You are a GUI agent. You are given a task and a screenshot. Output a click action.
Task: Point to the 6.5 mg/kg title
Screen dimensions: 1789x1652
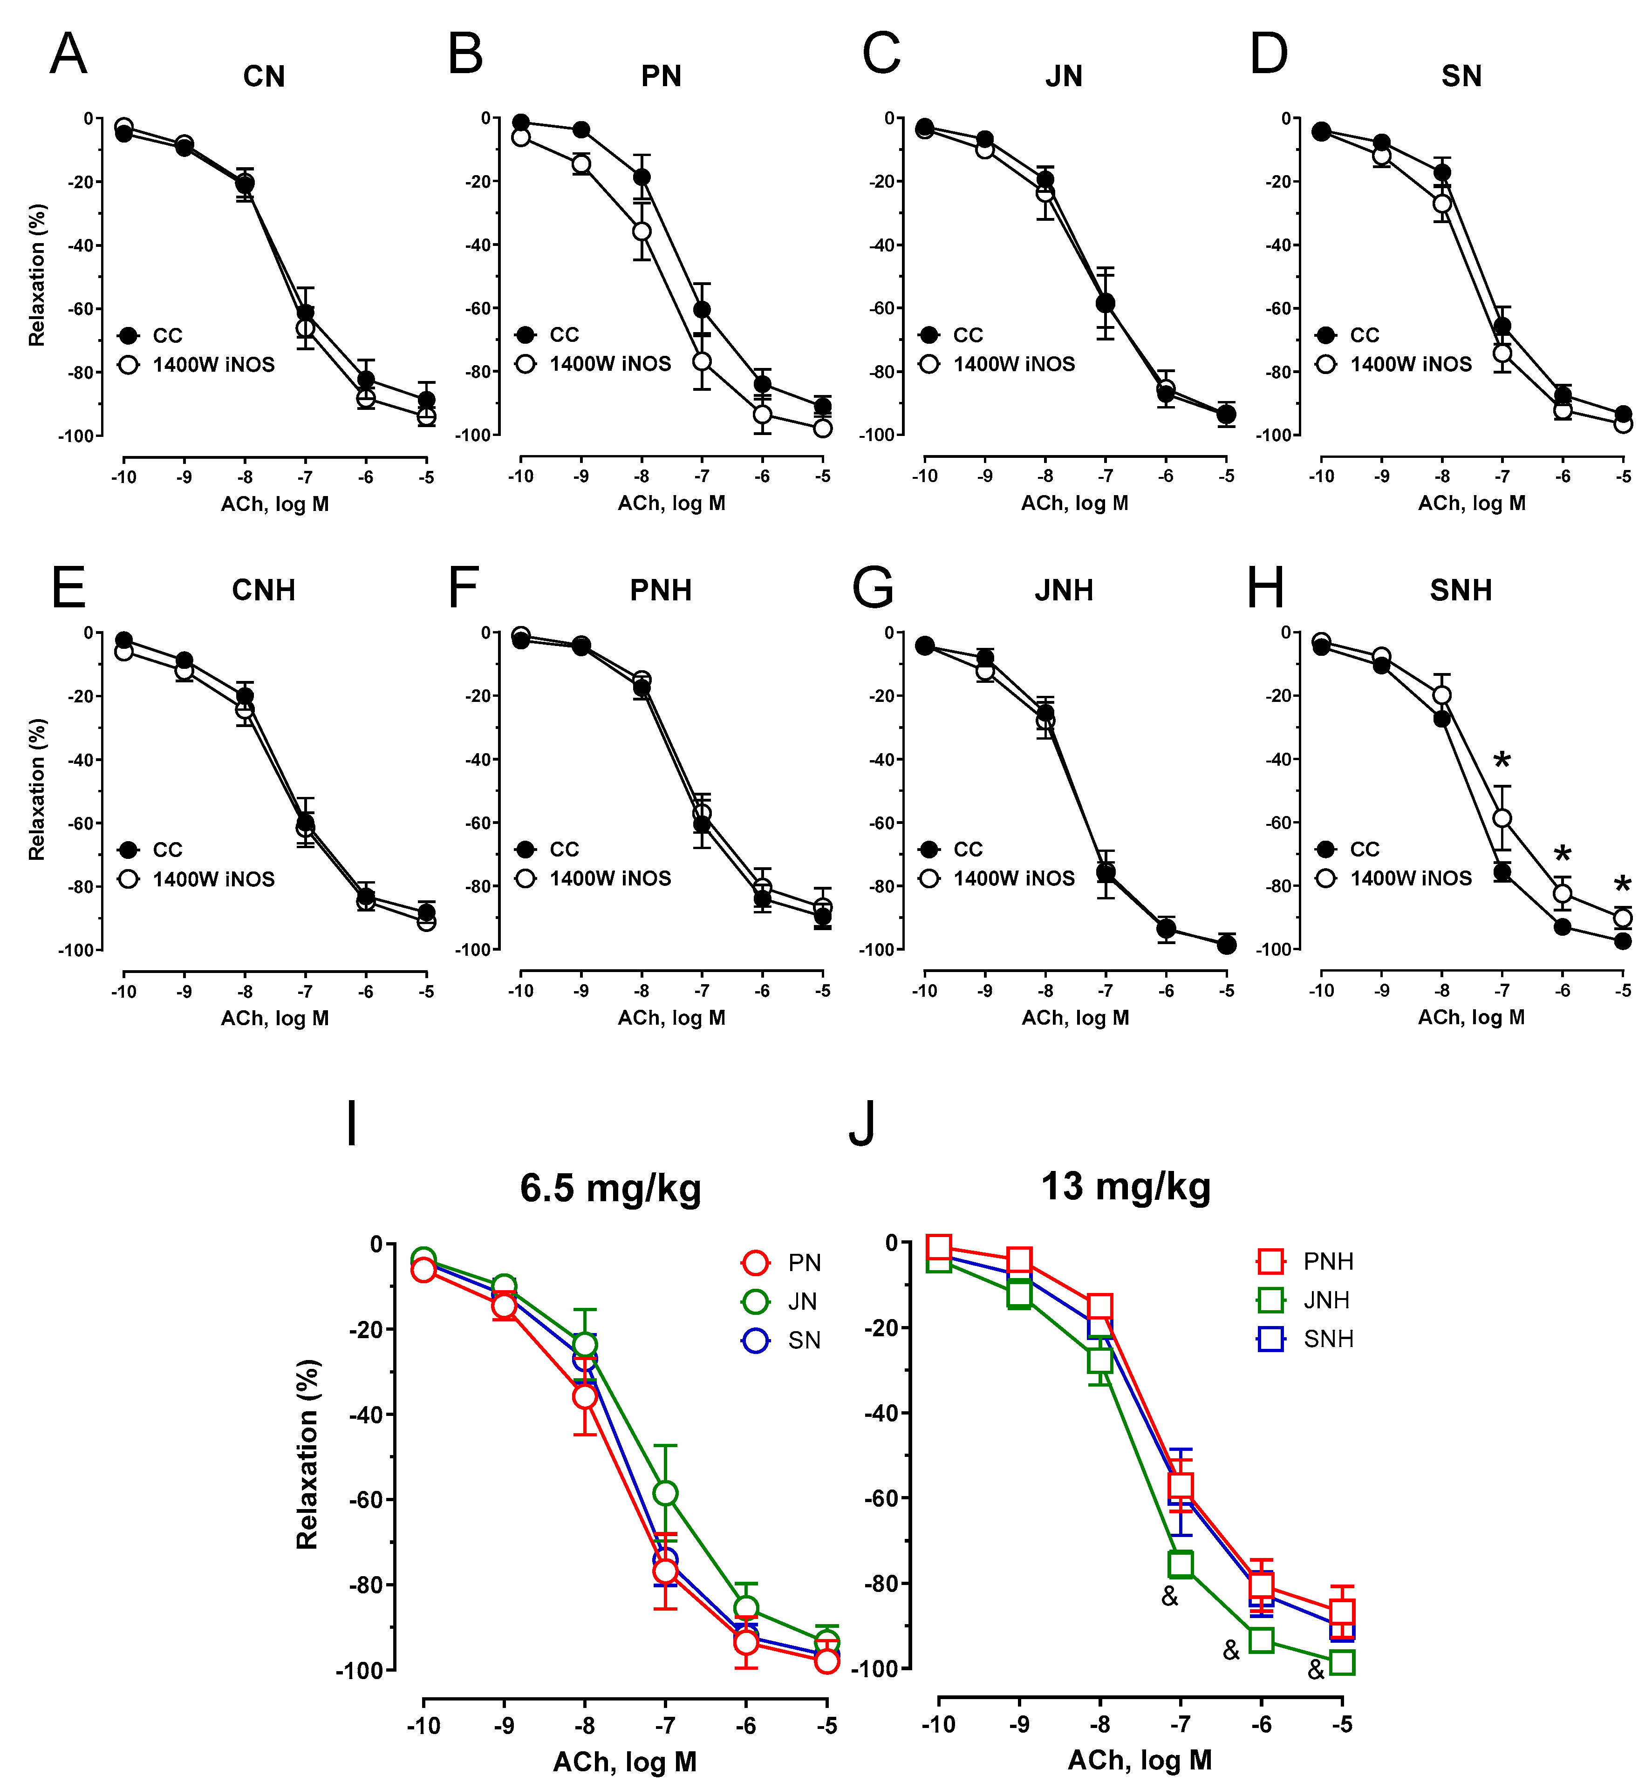click(x=611, y=1189)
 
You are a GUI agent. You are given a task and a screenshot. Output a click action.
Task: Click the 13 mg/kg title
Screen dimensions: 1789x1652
click(x=1126, y=1187)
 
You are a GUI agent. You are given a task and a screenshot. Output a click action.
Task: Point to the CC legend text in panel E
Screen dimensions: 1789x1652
click(x=167, y=850)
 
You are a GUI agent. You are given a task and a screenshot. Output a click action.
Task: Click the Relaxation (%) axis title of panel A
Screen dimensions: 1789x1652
click(x=37, y=275)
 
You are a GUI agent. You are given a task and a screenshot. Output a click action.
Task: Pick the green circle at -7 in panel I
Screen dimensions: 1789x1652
click(x=665, y=1493)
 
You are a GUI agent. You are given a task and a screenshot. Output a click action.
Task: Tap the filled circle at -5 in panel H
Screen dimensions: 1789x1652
click(x=1623, y=941)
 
